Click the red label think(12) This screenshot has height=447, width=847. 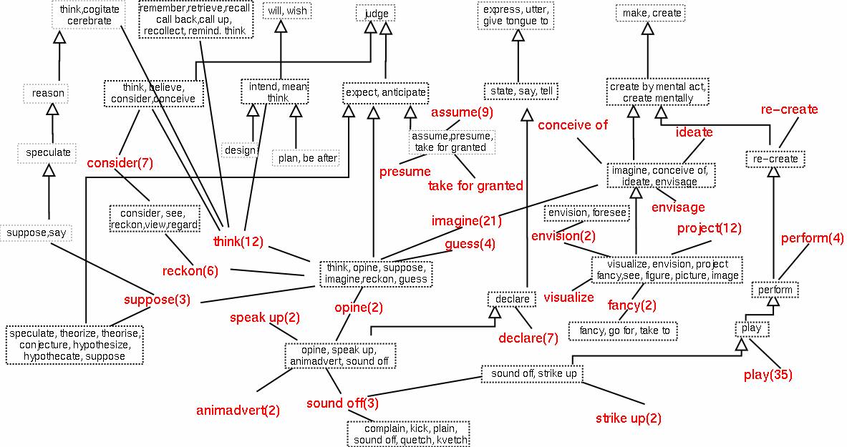[238, 242]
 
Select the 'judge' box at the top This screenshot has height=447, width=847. [376, 14]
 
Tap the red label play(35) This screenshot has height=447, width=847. [768, 374]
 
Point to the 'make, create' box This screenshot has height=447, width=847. [649, 14]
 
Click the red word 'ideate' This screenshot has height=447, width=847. [694, 132]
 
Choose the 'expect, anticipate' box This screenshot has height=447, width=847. [386, 92]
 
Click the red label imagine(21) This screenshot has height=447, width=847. [466, 221]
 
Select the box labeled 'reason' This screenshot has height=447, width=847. [49, 93]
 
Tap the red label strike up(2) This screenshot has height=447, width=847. [629, 418]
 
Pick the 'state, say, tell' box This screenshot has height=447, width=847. [521, 92]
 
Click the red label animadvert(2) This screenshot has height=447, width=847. [238, 411]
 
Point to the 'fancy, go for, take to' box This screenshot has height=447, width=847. [622, 331]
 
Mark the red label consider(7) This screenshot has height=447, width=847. [120, 163]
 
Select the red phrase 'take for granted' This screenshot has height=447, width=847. [475, 186]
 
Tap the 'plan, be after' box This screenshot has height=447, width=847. [306, 158]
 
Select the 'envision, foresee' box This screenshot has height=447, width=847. [587, 212]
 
